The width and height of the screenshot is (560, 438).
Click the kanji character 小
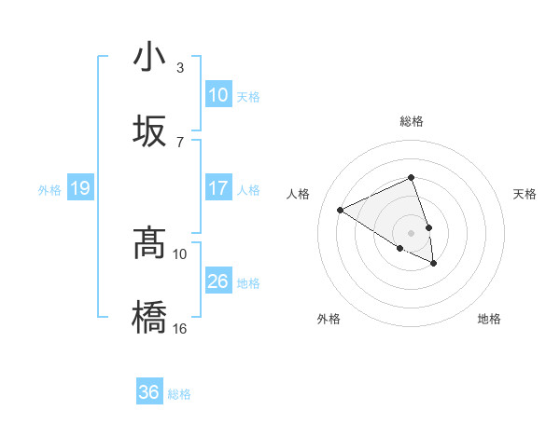(x=150, y=58)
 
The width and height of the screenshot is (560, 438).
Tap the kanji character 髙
(x=150, y=244)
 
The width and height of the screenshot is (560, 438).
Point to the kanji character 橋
(x=150, y=317)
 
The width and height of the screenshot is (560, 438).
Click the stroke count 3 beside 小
(x=179, y=68)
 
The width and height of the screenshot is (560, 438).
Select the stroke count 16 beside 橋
(x=181, y=327)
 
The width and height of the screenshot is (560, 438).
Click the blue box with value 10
(x=217, y=95)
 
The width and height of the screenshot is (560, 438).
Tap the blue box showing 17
(x=217, y=188)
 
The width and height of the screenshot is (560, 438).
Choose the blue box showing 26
(x=217, y=281)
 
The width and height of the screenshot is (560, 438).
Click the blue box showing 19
(x=79, y=189)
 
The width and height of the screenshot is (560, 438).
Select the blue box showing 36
(x=148, y=392)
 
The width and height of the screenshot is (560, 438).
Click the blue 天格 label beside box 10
(x=247, y=96)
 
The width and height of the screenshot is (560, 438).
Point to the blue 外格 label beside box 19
(x=49, y=190)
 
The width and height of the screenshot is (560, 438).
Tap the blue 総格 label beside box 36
(x=178, y=394)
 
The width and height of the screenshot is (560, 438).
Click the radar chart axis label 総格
(x=411, y=121)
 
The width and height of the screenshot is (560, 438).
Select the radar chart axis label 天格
(x=525, y=194)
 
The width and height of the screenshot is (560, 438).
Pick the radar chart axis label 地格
(x=489, y=319)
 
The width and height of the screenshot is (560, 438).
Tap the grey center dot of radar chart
(x=411, y=232)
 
